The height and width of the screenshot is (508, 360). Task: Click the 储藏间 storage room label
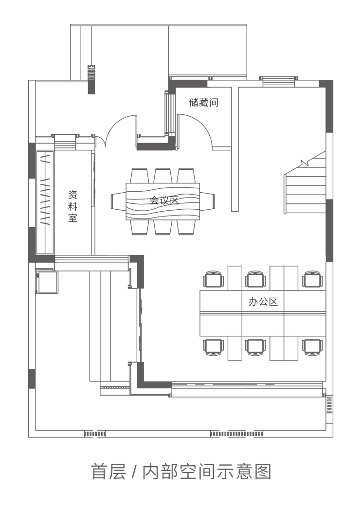click(x=203, y=102)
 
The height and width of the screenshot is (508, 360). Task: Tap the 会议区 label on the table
click(x=164, y=200)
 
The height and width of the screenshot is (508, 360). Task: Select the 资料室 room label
click(x=72, y=206)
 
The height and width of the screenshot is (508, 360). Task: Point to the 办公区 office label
click(x=263, y=302)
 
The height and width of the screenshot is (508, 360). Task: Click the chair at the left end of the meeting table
click(x=118, y=201)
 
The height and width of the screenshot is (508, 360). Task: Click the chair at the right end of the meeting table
click(x=207, y=201)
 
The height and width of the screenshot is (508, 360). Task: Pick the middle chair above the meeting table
click(x=163, y=176)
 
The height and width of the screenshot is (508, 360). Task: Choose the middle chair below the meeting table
click(x=163, y=227)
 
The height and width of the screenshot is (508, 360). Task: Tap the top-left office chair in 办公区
click(x=214, y=279)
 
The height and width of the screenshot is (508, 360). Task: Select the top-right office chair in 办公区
click(x=313, y=279)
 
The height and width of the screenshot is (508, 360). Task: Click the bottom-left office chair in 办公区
click(x=214, y=346)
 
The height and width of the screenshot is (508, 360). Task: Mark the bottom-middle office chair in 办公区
click(x=255, y=346)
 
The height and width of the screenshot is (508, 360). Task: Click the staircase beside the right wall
click(x=305, y=185)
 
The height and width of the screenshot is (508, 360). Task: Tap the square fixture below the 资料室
click(x=46, y=282)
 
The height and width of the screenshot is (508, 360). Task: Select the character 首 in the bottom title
click(x=99, y=472)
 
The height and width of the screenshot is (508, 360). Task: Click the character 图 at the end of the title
click(x=263, y=472)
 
